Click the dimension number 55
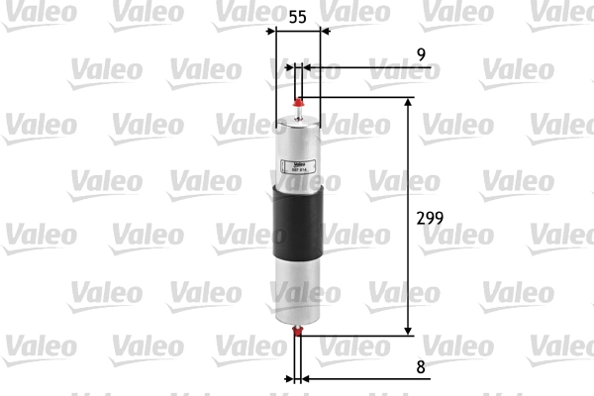pyautogui.click(x=296, y=18)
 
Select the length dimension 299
pyautogui.click(x=428, y=218)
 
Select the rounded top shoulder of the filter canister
pyautogui.click(x=298, y=121)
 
